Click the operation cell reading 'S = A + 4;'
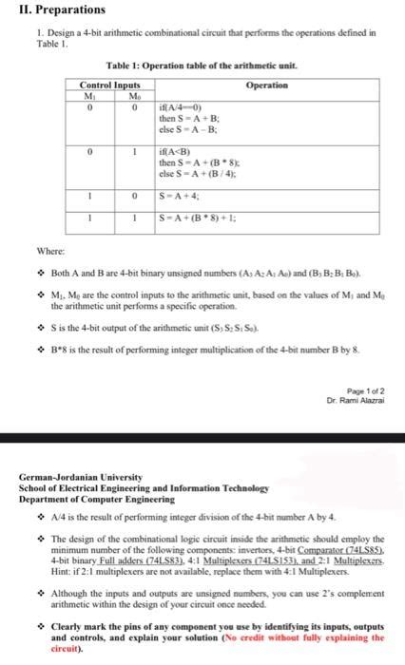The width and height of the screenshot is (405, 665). click(x=182, y=198)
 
